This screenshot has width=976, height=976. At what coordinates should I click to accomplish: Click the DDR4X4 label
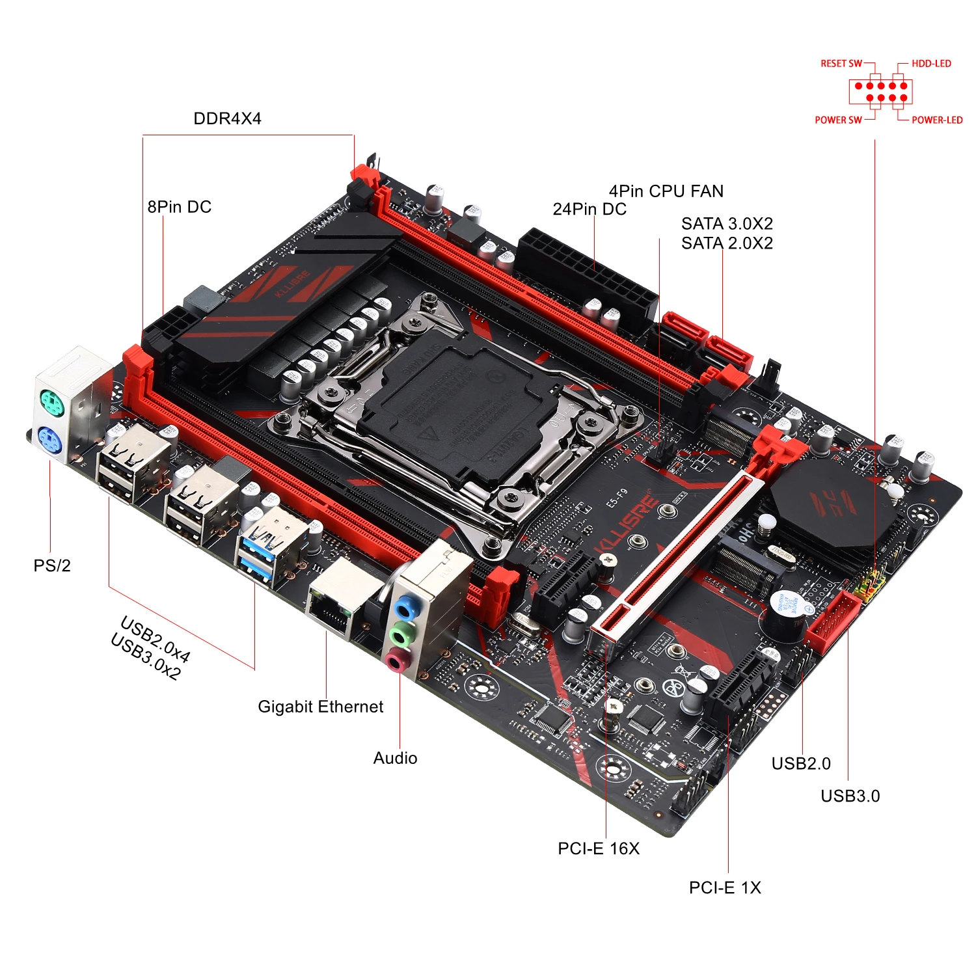click(227, 118)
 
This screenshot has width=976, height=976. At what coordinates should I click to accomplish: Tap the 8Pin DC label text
click(180, 207)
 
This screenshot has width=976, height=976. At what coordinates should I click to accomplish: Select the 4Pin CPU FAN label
click(666, 191)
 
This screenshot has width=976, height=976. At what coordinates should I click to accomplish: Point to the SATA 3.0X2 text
click(727, 224)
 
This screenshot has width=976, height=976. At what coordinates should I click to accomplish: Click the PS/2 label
click(52, 565)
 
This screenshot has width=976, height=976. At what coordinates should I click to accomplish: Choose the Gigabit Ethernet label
click(320, 707)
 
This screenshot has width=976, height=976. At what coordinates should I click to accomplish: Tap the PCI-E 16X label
click(599, 848)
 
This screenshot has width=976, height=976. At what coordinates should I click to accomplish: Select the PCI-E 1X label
click(725, 888)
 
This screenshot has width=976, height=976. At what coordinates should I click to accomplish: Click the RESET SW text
click(841, 64)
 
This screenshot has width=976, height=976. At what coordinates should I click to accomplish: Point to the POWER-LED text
click(936, 120)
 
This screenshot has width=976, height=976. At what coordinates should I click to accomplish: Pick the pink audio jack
click(397, 661)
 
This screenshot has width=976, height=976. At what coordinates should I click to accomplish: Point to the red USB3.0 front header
click(833, 621)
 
